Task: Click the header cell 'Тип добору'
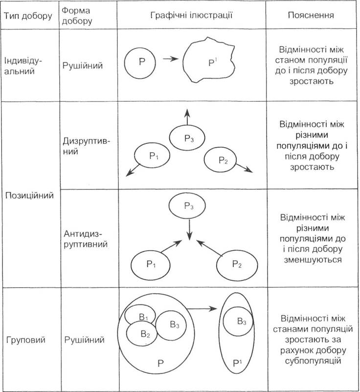(x=28, y=16)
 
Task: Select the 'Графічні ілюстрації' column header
(x=191, y=15)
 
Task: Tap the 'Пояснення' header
(x=311, y=15)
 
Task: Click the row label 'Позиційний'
(x=29, y=195)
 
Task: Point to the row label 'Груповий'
(x=26, y=340)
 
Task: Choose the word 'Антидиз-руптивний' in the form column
(x=86, y=239)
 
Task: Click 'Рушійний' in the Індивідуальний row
(x=83, y=66)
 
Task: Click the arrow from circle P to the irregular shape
(x=171, y=59)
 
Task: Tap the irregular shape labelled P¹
(x=209, y=60)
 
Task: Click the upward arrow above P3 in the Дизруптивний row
(x=187, y=116)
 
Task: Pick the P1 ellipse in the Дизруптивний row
(x=152, y=155)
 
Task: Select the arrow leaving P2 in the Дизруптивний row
(x=244, y=168)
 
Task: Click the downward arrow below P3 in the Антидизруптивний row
(x=190, y=230)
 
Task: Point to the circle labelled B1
(x=140, y=314)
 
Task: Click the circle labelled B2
(x=142, y=334)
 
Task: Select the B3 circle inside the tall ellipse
(x=238, y=321)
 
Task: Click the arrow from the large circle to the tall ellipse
(x=202, y=309)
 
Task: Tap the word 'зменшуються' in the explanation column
(x=313, y=259)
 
